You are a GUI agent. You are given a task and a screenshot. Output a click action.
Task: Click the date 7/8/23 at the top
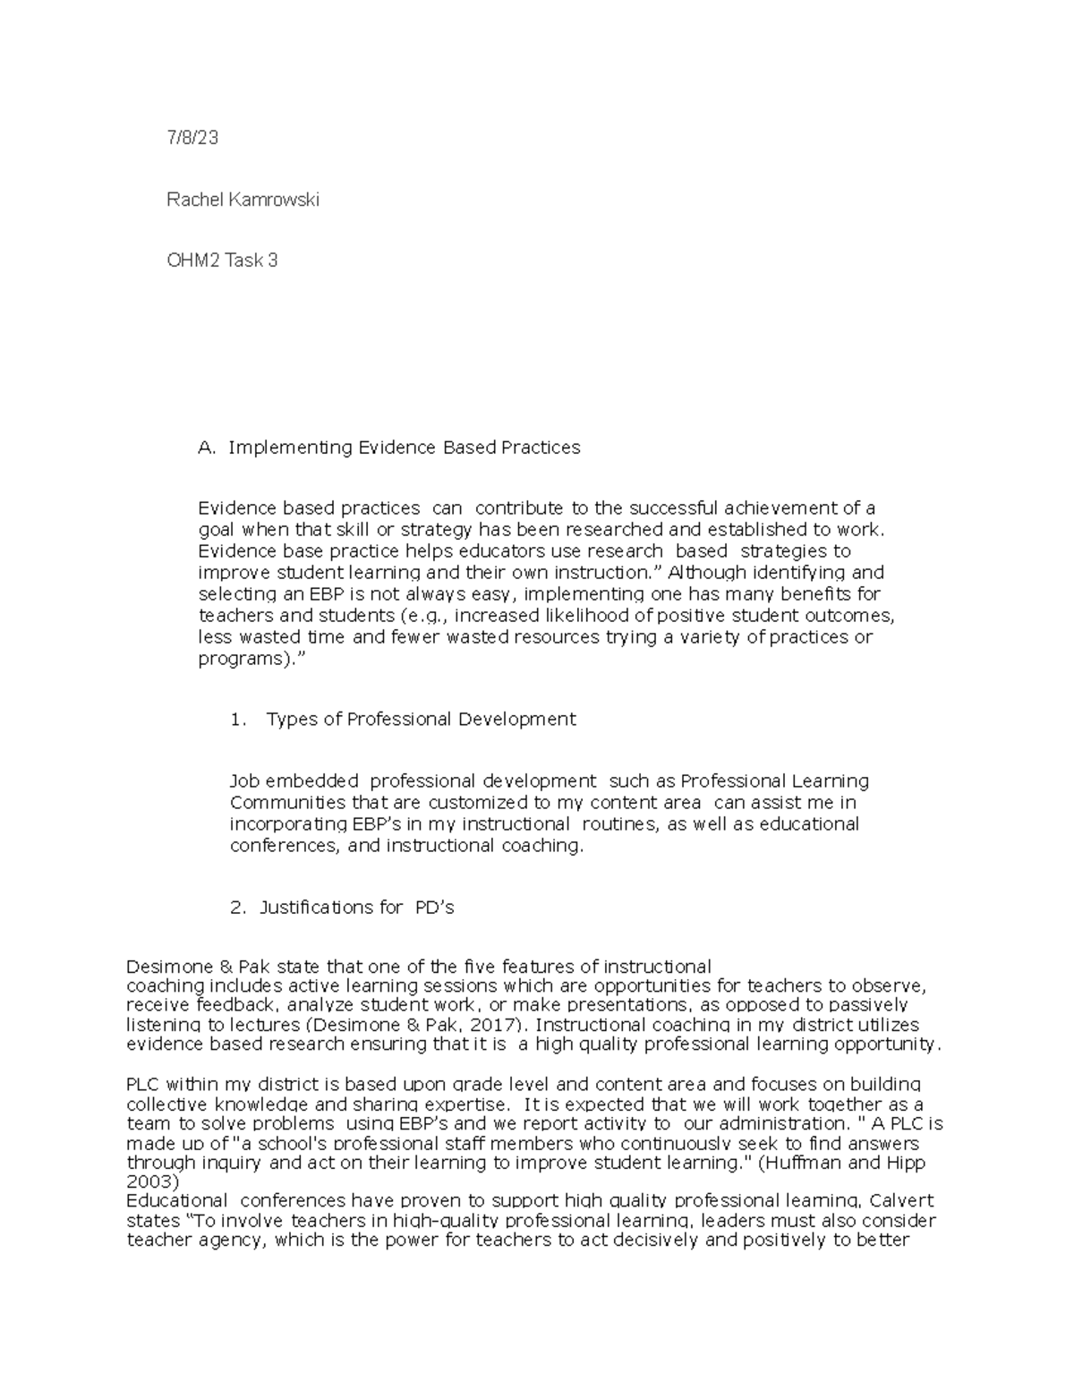tap(192, 139)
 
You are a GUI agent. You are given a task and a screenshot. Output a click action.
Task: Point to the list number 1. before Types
tap(237, 720)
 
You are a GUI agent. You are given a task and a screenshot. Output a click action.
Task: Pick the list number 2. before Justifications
tap(237, 908)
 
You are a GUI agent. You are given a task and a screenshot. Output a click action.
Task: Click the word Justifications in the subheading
tap(330, 908)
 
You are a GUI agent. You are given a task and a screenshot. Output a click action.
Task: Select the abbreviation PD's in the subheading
tap(434, 908)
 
